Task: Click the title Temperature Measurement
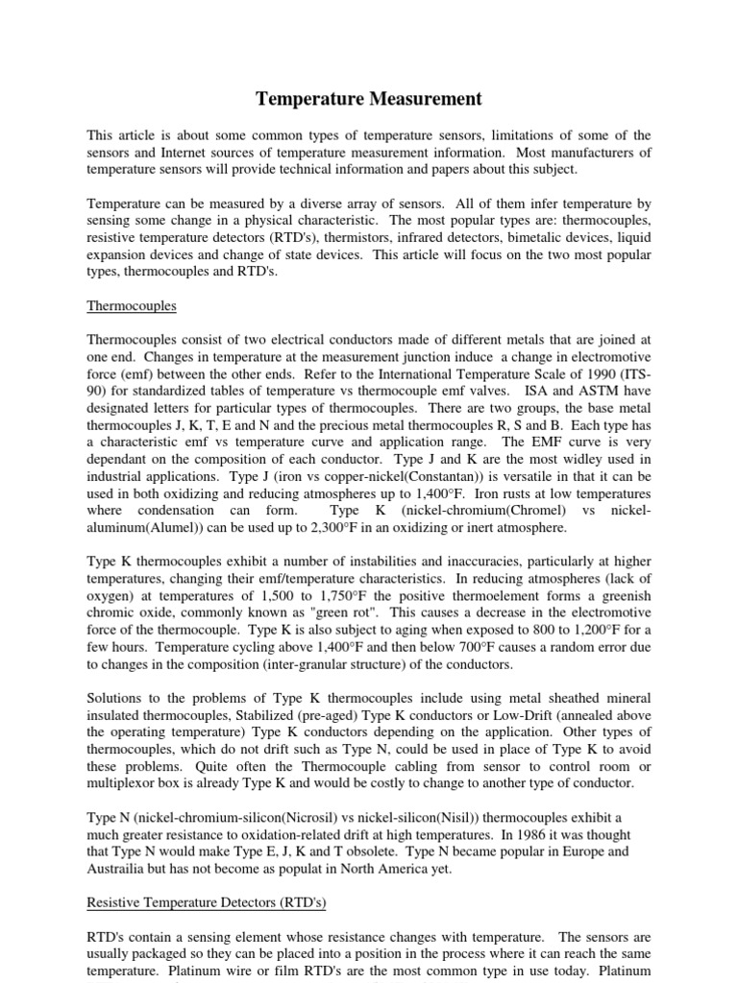[x=368, y=99]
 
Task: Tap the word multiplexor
[x=129, y=783]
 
